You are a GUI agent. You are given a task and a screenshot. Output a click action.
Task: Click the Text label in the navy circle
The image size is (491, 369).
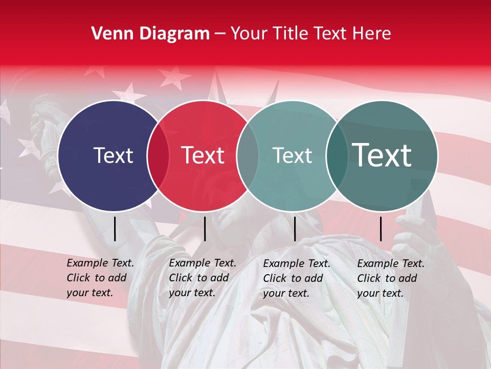[113, 155]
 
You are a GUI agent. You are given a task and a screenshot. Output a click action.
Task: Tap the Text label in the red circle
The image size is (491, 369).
[203, 155]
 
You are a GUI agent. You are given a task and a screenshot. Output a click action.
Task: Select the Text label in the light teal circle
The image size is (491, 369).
[292, 155]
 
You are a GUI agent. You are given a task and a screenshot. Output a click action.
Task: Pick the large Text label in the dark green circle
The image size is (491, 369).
[382, 155]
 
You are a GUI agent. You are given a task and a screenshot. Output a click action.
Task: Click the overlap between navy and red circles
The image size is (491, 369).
[158, 155]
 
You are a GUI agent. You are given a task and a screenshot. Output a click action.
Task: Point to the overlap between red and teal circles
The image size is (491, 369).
[247, 155]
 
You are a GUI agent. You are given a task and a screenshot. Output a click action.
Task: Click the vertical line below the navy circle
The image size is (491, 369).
[115, 229]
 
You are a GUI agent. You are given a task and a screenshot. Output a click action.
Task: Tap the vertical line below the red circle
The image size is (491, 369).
[205, 229]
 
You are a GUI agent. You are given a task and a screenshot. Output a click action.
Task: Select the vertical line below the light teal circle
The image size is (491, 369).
[295, 229]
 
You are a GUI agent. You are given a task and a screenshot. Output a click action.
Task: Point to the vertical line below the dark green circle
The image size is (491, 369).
[381, 229]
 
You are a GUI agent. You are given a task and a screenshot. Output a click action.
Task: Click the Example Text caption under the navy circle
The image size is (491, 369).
[100, 278]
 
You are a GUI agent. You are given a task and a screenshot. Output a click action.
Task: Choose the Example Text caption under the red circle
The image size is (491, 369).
[202, 278]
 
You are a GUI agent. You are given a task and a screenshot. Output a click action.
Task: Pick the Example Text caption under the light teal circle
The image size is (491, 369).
[296, 278]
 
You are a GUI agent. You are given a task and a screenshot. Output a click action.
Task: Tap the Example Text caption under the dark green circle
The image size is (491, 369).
[390, 278]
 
